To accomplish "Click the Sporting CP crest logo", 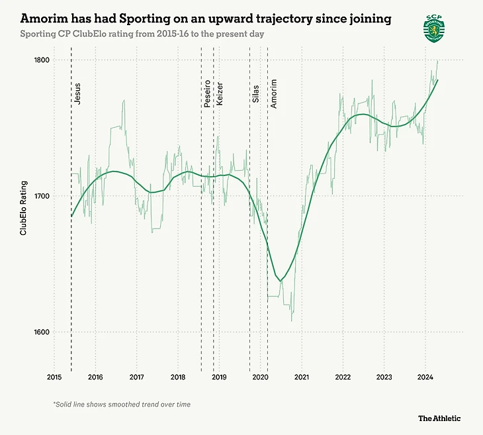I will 434,28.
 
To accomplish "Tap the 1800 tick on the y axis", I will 41,60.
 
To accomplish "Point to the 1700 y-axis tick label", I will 41,196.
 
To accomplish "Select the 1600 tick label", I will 41,332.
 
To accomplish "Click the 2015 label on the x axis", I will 54,377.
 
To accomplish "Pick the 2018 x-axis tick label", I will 178,377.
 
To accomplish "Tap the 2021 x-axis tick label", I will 302,377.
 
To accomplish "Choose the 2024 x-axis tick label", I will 425,377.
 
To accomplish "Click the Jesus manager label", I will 78,94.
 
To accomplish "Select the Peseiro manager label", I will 208,93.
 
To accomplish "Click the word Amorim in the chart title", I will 44,19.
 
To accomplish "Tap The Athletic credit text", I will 439,418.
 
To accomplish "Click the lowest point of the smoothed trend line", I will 281,280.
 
